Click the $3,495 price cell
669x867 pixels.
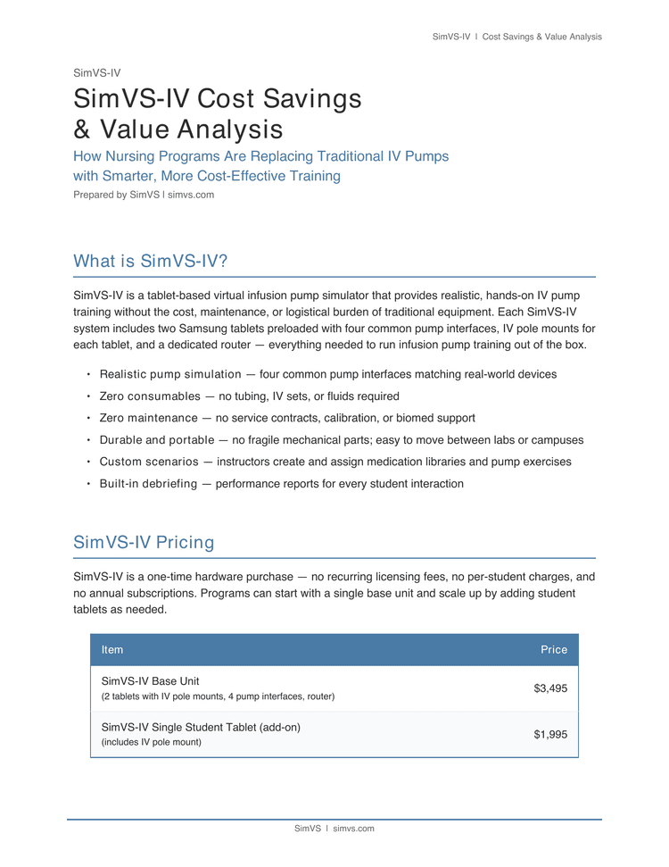549,688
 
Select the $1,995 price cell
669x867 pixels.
549,735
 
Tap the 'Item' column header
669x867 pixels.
112,650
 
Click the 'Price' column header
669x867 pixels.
553,650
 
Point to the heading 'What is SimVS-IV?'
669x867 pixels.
151,262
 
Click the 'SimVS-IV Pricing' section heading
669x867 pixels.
144,543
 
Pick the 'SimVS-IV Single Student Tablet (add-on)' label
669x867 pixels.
201,728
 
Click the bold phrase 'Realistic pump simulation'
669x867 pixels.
170,374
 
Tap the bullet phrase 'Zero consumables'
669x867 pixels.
150,396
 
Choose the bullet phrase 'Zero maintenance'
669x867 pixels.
149,418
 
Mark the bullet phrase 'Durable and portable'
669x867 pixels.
157,440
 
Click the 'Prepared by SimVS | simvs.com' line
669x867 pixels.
144,195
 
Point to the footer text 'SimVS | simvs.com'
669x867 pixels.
334,829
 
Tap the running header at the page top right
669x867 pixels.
516,37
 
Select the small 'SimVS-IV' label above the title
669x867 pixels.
96,73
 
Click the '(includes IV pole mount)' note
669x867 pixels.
152,742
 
